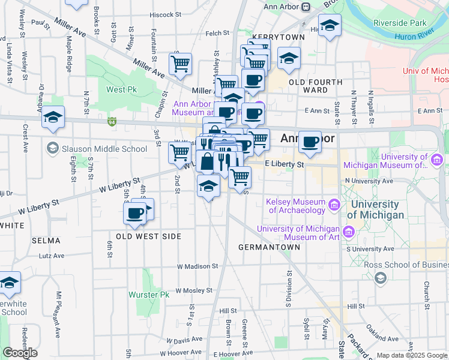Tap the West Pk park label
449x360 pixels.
pyautogui.click(x=122, y=90)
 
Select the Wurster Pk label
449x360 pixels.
pyautogui.click(x=149, y=295)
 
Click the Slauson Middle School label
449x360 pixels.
pyautogui.click(x=104, y=149)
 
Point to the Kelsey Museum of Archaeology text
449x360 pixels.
pyautogui.click(x=297, y=206)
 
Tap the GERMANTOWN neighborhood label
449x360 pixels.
pyautogui.click(x=268, y=247)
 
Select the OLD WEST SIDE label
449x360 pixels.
pyautogui.click(x=149, y=236)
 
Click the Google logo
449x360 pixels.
pyautogui.click(x=20, y=352)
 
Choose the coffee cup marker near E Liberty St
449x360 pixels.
pyautogui.click(x=310, y=142)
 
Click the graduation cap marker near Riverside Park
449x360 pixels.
pyautogui.click(x=330, y=26)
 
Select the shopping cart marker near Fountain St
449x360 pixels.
pyautogui.click(x=180, y=63)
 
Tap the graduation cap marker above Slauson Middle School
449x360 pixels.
pyautogui.click(x=53, y=117)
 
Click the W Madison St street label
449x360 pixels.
pyautogui.click(x=197, y=266)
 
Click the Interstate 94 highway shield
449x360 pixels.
pyautogui.click(x=112, y=122)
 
